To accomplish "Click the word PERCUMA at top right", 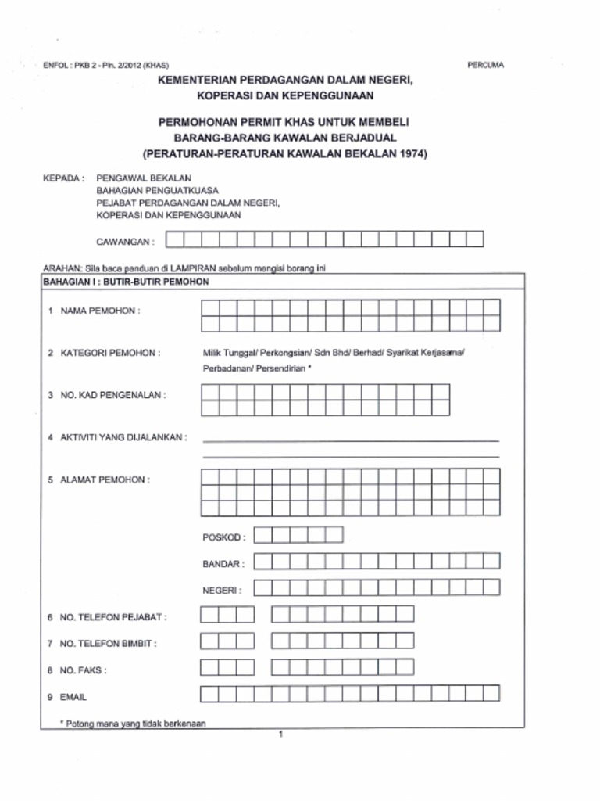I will point(485,65).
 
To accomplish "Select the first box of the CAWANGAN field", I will point(176,239).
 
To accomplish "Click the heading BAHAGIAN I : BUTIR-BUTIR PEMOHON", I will point(126,282).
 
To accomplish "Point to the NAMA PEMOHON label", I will point(99,311).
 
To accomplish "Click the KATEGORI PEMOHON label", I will point(109,353).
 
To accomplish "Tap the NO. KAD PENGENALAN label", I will point(112,395).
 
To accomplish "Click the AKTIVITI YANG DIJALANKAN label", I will point(123,437).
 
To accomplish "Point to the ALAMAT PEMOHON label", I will point(105,480).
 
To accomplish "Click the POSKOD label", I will point(223,537).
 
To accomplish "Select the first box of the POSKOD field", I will point(263,536).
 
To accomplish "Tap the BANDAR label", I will point(223,563).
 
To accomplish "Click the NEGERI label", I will point(222,591).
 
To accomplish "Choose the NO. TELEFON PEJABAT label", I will point(113,617).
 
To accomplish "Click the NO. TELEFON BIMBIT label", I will point(109,644).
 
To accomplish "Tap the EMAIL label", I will point(73,696).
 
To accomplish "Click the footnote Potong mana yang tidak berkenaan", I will point(133,724).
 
